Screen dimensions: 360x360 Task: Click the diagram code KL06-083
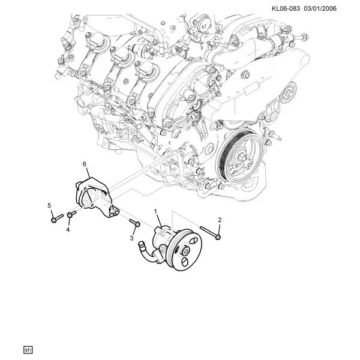[286, 9]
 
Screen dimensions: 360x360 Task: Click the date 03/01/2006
[320, 9]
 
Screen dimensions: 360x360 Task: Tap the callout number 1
[155, 211]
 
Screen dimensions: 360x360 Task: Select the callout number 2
[220, 220]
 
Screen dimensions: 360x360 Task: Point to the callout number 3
[131, 238]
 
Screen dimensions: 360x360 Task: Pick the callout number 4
[68, 229]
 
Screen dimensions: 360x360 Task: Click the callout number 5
[49, 205]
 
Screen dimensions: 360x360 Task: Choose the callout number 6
[85, 164]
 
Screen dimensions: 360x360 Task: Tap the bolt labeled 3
[135, 222]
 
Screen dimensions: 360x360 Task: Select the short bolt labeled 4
[71, 214]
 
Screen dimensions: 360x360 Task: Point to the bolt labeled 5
[57, 218]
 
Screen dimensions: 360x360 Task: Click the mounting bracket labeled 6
[97, 198]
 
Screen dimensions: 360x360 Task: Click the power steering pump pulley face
[185, 250]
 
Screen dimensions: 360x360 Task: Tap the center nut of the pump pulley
[185, 251]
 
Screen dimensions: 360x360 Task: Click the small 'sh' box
[28, 350]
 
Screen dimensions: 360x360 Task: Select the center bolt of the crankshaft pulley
[242, 158]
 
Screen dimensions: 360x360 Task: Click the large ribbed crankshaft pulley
[240, 158]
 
